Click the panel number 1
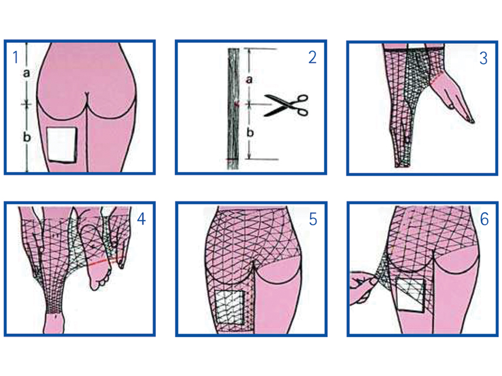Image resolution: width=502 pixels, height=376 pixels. pos(15,57)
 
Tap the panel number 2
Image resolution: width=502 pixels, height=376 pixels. pos(312,58)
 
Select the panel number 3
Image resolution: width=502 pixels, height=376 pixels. pos(483,58)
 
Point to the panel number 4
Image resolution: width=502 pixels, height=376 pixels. pos(141,219)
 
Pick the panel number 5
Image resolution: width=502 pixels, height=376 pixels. pos(312,219)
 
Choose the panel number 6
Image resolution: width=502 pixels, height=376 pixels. pos(484,219)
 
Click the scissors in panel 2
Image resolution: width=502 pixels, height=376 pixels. pos(286,105)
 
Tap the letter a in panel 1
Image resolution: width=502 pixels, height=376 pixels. pos(26,73)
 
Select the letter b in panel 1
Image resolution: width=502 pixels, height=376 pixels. pos(27,136)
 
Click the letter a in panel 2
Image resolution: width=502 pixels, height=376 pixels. pos(249,79)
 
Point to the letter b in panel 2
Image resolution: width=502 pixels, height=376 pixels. pos(250,132)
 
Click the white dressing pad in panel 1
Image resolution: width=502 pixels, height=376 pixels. pos(62,145)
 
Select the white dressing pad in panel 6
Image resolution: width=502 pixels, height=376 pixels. pos(411,295)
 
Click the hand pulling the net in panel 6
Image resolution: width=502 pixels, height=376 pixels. pos(363,287)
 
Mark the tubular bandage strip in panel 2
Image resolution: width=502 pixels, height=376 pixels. pos(234,108)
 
